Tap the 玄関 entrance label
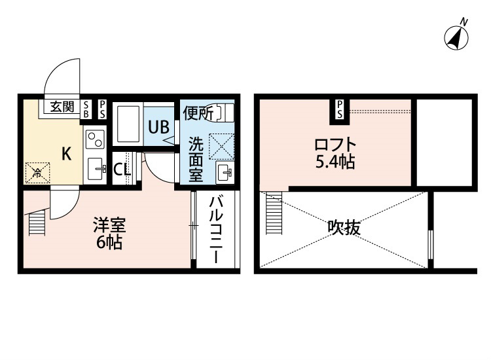(x=62, y=107)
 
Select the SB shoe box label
(x=86, y=109)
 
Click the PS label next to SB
(x=102, y=109)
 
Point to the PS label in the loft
(x=339, y=109)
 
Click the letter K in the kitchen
(x=66, y=154)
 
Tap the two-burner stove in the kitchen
(x=95, y=139)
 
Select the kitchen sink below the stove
(x=96, y=169)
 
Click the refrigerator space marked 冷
(x=37, y=173)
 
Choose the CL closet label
(x=122, y=170)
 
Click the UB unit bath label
(x=159, y=127)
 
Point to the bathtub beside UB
(x=128, y=124)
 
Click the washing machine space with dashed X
(x=221, y=146)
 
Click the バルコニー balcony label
(x=217, y=230)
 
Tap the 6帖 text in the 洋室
(x=109, y=242)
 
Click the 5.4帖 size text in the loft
(x=335, y=162)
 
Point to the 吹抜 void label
(x=344, y=227)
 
